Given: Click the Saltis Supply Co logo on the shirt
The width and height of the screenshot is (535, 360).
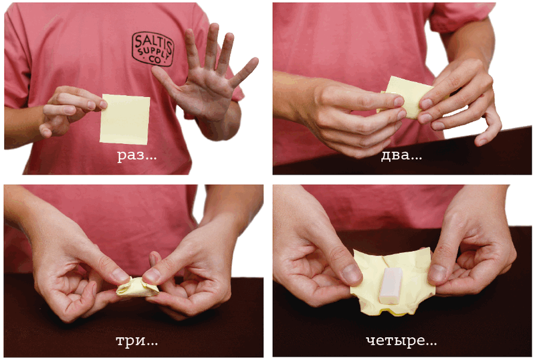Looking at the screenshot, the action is (153, 49).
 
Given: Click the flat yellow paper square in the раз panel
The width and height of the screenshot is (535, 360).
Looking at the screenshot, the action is (125, 119).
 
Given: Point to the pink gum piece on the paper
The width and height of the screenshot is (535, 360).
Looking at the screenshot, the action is (391, 285).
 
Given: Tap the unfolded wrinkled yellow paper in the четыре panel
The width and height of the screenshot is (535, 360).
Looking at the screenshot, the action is (393, 282).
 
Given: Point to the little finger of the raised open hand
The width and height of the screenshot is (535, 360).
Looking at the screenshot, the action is (244, 72).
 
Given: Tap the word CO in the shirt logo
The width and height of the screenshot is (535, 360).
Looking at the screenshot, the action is (155, 60).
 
